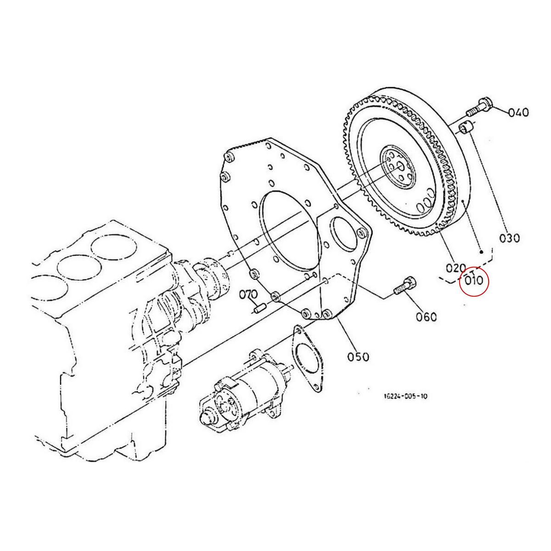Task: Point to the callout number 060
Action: (427, 316)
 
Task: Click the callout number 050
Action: (358, 356)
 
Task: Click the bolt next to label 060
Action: (405, 287)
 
